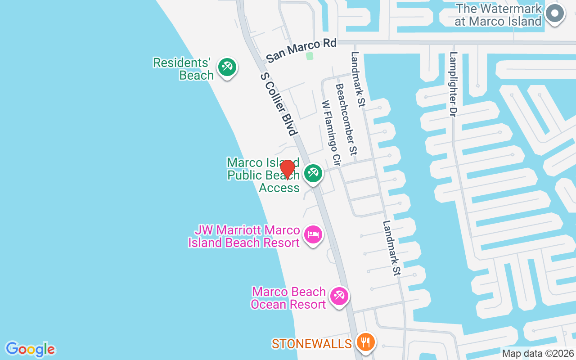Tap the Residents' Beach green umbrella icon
click(227, 67)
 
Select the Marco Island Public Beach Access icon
click(313, 173)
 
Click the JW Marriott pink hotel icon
click(313, 234)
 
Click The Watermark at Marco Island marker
click(555, 13)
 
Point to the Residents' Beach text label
click(183, 69)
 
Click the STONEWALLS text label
click(311, 344)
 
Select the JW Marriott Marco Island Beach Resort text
click(243, 237)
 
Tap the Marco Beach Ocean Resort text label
click(288, 298)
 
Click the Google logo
click(31, 349)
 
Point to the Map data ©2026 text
click(538, 354)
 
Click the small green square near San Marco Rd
click(309, 56)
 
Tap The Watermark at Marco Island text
click(498, 15)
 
